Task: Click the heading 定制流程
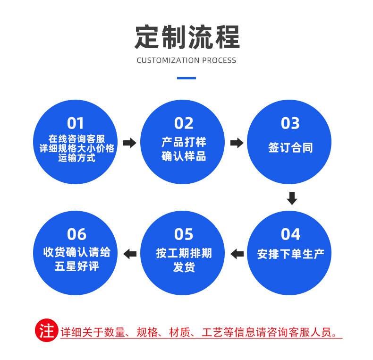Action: (187, 37)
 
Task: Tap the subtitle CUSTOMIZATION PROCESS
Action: (186, 60)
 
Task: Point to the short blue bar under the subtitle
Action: (186, 78)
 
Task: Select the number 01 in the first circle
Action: (76, 123)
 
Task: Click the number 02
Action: (184, 123)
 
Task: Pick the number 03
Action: (290, 123)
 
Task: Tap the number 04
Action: (290, 234)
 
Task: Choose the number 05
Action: (184, 234)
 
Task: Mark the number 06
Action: (76, 234)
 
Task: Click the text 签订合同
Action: (290, 148)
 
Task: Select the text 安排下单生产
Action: (290, 254)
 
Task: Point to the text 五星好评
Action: (76, 266)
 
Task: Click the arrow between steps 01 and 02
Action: (129, 143)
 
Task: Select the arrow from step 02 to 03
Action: (237, 143)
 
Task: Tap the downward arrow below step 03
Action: (292, 198)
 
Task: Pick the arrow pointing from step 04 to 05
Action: (237, 254)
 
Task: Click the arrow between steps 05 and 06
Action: (130, 254)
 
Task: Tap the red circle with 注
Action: (47, 331)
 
